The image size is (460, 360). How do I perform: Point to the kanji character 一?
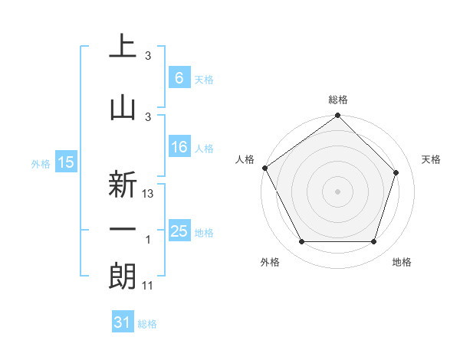click(x=122, y=228)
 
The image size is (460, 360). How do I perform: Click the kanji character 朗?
click(x=122, y=278)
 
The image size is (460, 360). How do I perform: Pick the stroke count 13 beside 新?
click(x=149, y=194)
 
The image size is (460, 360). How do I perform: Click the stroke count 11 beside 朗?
click(x=149, y=286)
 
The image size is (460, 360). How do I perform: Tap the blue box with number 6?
click(x=179, y=77)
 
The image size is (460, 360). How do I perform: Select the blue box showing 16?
click(x=179, y=147)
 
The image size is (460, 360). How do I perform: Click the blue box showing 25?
click(x=179, y=231)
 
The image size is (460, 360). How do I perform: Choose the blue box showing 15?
click(x=65, y=162)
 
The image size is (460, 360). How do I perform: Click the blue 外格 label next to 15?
click(x=41, y=163)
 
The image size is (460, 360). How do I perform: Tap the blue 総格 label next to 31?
click(x=147, y=324)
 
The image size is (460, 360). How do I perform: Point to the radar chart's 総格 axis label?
click(x=338, y=100)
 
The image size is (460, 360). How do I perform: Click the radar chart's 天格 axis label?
click(x=432, y=159)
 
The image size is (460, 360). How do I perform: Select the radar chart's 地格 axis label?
click(x=402, y=262)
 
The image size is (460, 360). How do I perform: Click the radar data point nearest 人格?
click(x=265, y=168)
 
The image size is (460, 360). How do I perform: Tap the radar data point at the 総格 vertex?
click(x=337, y=116)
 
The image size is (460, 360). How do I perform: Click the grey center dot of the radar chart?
click(x=337, y=191)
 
